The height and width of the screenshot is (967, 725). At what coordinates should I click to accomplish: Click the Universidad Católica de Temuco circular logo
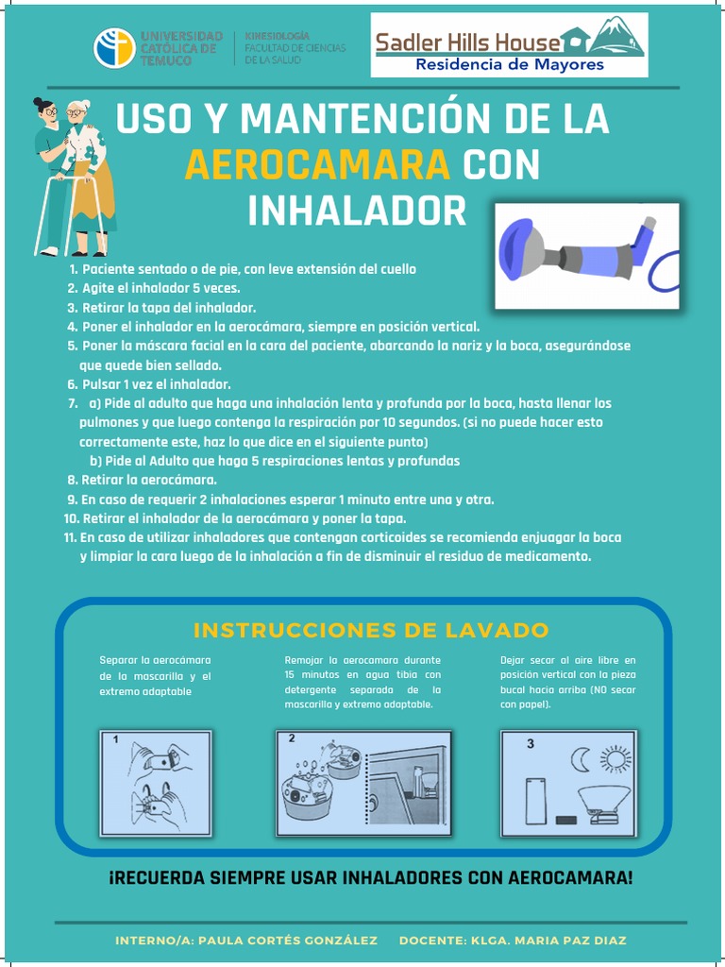coord(114,48)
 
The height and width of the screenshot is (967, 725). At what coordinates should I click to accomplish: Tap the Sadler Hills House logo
coord(510,44)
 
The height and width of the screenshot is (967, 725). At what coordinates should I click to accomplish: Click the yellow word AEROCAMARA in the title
coord(317,165)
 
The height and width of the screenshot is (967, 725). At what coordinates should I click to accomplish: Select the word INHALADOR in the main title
coord(357,211)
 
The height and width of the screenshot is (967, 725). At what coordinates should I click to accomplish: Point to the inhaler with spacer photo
coord(586,255)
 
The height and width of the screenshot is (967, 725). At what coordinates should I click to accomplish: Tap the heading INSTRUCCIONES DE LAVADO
coord(371,630)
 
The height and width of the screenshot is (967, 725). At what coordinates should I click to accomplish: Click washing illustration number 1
coord(156,783)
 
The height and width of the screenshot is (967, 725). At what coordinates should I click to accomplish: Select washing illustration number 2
coord(363,783)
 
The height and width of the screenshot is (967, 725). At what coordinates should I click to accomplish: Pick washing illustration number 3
coord(568,783)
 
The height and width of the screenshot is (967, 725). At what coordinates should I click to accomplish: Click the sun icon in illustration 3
coord(616,758)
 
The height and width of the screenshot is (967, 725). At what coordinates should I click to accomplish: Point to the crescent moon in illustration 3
coord(581,758)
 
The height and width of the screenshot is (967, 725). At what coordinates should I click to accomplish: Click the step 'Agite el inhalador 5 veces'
coord(160,288)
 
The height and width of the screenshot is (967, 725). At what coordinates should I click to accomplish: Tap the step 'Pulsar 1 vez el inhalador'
coord(156,384)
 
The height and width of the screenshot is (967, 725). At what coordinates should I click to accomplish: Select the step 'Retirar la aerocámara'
coord(148,480)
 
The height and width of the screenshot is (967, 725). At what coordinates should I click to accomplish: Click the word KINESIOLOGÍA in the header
coord(278,35)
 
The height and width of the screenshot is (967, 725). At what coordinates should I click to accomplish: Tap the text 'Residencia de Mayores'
coord(510,65)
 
